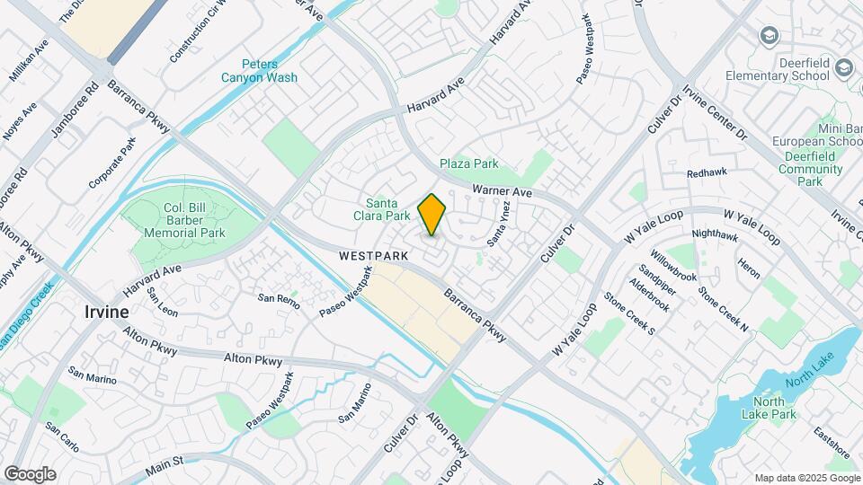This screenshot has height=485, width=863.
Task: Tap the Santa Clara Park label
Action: pyautogui.click(x=387, y=209)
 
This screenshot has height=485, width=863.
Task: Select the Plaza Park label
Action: pyautogui.click(x=468, y=163)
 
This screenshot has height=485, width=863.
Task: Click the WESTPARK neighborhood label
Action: pyautogui.click(x=374, y=256)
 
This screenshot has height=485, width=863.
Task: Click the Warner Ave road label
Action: pyautogui.click(x=503, y=191)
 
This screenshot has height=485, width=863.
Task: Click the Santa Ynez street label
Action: pyautogui.click(x=499, y=224)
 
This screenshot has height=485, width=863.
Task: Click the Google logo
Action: pyautogui.click(x=30, y=473)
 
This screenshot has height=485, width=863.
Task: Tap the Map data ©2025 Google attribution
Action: pyautogui.click(x=805, y=477)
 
